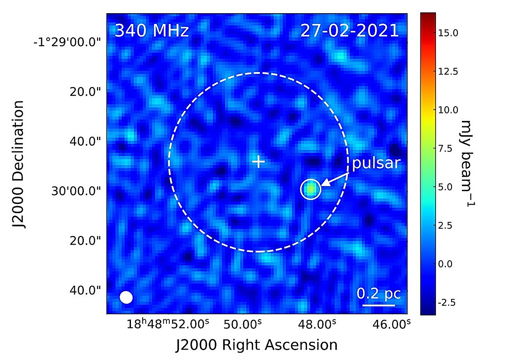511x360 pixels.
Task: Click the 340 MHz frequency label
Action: [151, 31]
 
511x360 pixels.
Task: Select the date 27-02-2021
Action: [349, 31]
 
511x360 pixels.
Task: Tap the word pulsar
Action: [376, 163]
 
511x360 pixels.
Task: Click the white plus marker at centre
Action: [259, 162]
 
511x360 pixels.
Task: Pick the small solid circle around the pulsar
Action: [311, 189]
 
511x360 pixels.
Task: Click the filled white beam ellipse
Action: [126, 297]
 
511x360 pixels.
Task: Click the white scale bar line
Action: [378, 305]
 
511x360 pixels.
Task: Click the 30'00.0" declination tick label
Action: [78, 191]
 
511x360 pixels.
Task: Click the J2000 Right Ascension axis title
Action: [257, 344]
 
